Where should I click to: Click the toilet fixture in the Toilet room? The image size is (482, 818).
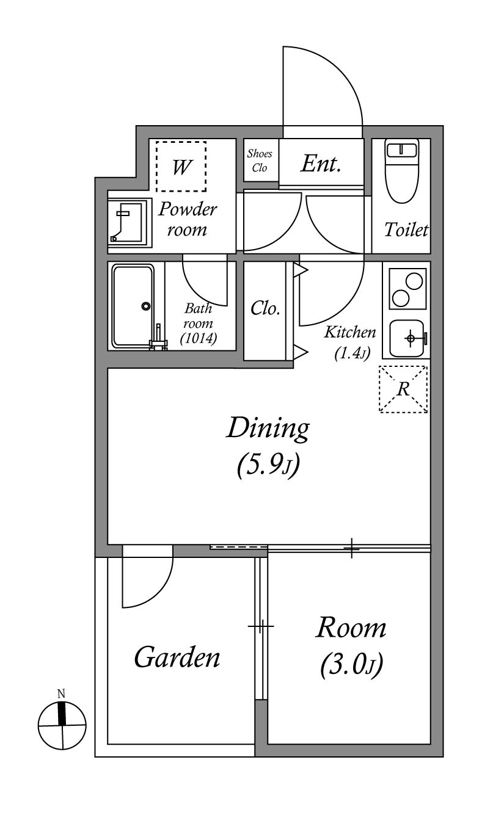click(403, 171)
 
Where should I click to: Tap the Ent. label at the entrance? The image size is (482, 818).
click(321, 164)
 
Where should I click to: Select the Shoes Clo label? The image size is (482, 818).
click(260, 161)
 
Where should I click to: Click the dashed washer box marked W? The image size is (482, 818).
click(181, 167)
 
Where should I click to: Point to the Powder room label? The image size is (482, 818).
click(188, 219)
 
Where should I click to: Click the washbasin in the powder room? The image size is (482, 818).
click(130, 223)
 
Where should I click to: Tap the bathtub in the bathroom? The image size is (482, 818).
click(133, 306)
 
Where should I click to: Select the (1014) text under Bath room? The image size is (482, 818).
click(199, 339)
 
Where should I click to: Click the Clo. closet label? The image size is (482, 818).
click(265, 308)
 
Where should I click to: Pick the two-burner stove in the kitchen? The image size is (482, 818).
click(407, 289)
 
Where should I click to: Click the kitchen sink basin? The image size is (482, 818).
click(407, 339)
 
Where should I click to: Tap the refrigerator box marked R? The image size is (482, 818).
click(403, 389)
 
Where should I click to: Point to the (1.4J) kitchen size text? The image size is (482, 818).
click(352, 353)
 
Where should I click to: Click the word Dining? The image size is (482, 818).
click(268, 430)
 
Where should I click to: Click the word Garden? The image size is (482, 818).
click(177, 657)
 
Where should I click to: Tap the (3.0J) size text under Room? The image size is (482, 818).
click(351, 665)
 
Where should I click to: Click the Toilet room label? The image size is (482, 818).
click(406, 230)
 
